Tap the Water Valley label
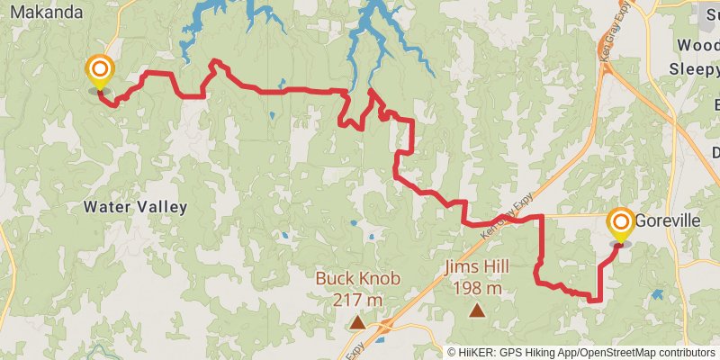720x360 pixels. point(135,207)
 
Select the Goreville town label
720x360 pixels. point(668,220)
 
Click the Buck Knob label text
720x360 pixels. point(357,278)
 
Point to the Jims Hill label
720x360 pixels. point(476,267)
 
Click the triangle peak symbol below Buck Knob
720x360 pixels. point(357,320)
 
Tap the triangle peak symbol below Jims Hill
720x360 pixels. point(476,310)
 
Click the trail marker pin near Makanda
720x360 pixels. point(99,71)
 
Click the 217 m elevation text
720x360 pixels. point(357,299)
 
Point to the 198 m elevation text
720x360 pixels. point(476,288)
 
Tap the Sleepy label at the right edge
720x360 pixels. point(694,68)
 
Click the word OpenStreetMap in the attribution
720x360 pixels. point(621,352)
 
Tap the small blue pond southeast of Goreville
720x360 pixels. point(657,294)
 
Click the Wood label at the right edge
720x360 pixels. point(698,45)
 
